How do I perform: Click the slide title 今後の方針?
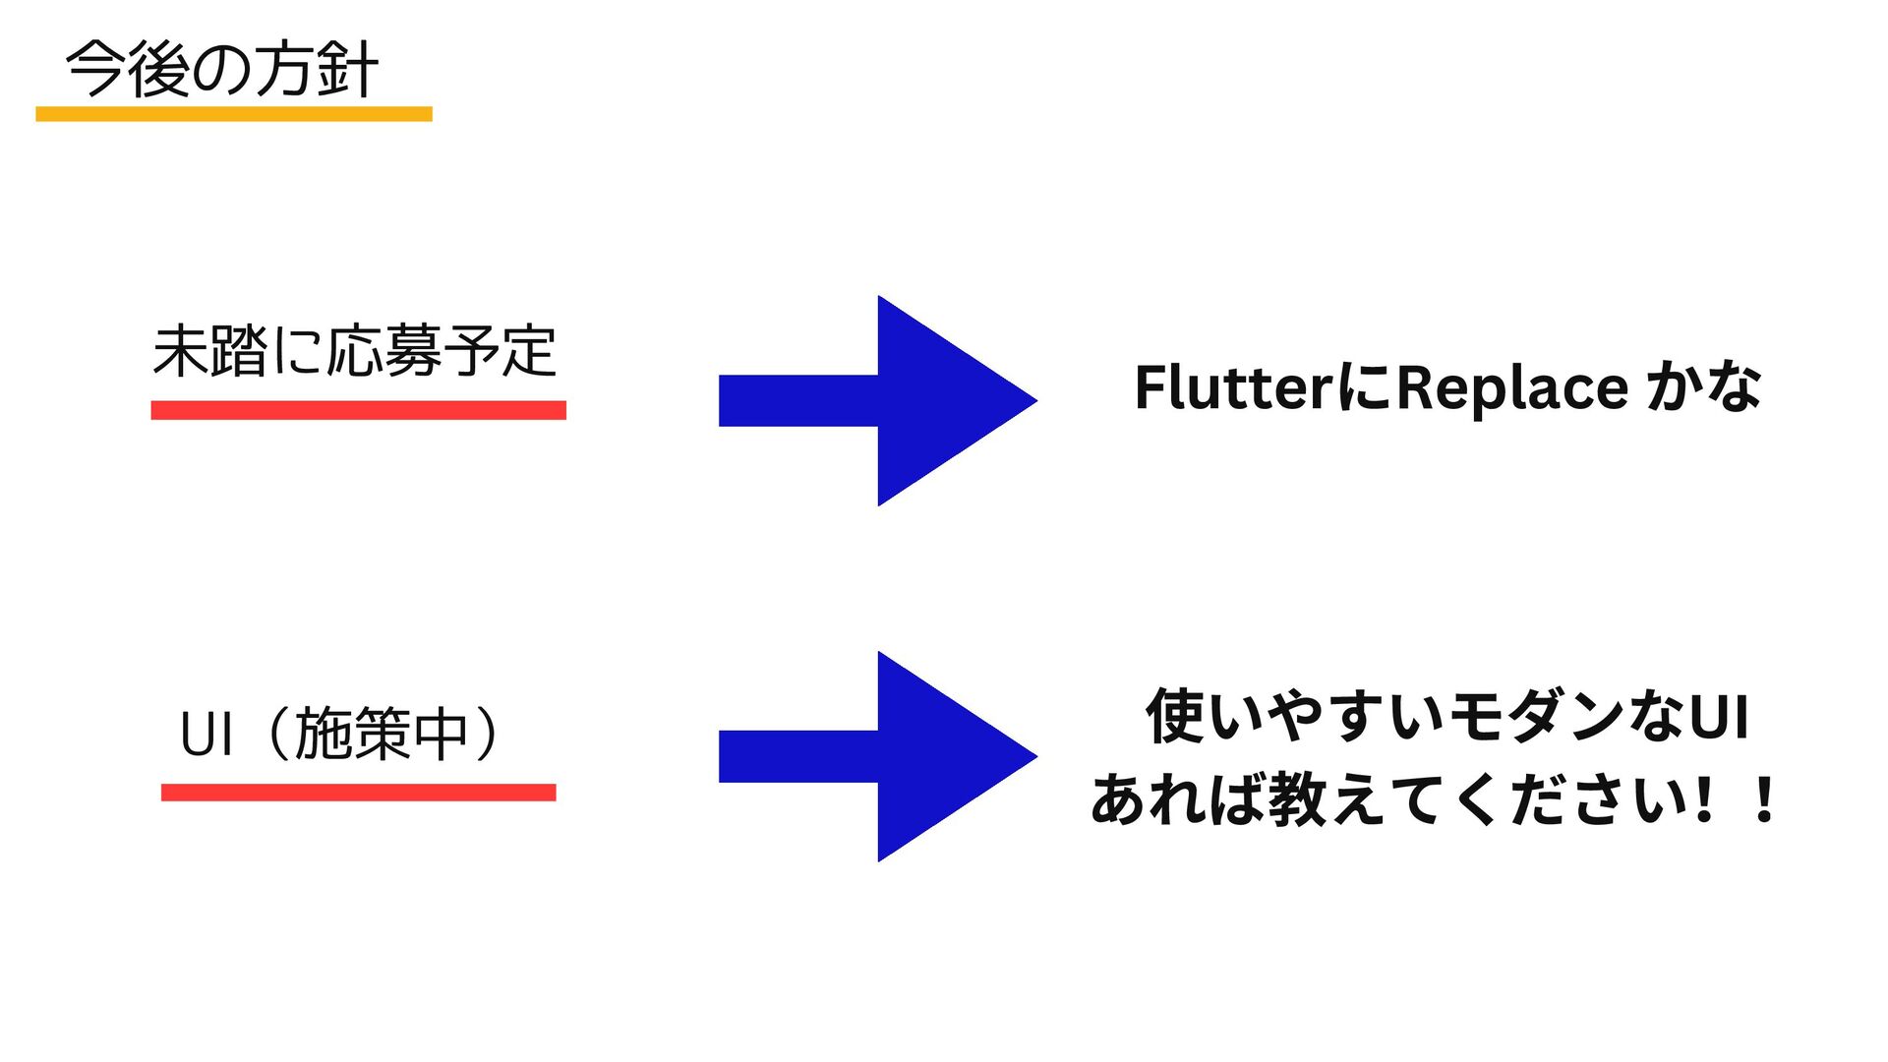pos(222,70)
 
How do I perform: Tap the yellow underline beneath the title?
pos(234,114)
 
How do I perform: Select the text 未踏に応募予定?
pos(355,351)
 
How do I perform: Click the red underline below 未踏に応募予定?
pos(358,410)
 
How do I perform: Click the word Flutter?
pos(1234,387)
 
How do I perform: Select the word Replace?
pos(1511,387)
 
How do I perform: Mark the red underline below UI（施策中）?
pos(358,793)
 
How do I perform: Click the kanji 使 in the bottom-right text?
pos(1174,716)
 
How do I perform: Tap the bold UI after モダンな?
pos(1719,716)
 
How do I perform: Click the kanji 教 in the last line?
pos(1297,798)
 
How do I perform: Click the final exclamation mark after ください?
pos(1765,798)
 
